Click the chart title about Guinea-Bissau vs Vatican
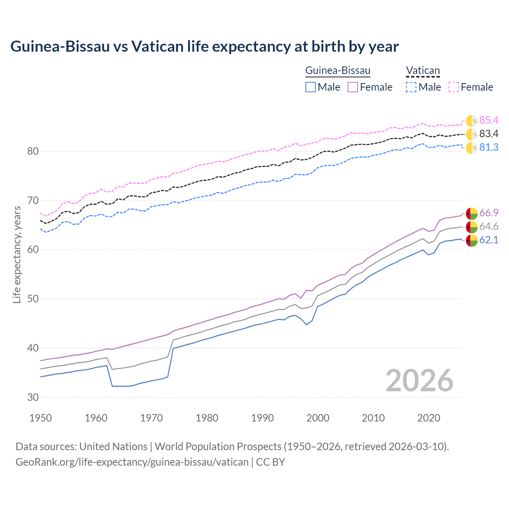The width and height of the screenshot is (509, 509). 204,47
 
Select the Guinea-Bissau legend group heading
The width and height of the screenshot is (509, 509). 338,71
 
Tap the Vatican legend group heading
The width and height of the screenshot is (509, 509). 423,71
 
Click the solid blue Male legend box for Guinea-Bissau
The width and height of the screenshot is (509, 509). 311,87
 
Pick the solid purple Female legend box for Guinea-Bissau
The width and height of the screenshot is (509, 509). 353,87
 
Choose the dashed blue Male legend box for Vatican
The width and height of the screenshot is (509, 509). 411,87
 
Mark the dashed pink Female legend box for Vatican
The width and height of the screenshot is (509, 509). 454,87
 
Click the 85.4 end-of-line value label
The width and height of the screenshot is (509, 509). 489,120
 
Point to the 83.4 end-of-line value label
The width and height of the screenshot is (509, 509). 489,134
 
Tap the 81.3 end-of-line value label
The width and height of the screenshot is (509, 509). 489,148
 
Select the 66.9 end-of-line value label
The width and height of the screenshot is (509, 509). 489,213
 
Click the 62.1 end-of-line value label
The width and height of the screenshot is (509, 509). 489,240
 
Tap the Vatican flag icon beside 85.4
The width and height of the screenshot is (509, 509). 472,121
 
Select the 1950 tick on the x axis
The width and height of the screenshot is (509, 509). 41,418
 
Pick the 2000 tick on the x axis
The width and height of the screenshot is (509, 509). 318,418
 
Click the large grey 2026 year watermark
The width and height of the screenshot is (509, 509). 420,381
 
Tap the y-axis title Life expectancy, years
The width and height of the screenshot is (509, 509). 17,254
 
